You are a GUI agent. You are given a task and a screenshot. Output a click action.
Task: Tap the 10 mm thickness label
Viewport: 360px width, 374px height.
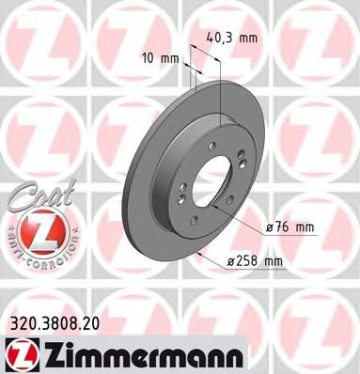coord(157,57)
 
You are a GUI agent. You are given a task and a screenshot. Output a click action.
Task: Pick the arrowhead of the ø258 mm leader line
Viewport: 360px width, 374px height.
coord(198,252)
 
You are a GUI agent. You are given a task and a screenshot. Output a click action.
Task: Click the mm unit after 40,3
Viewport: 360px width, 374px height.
coord(248,39)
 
